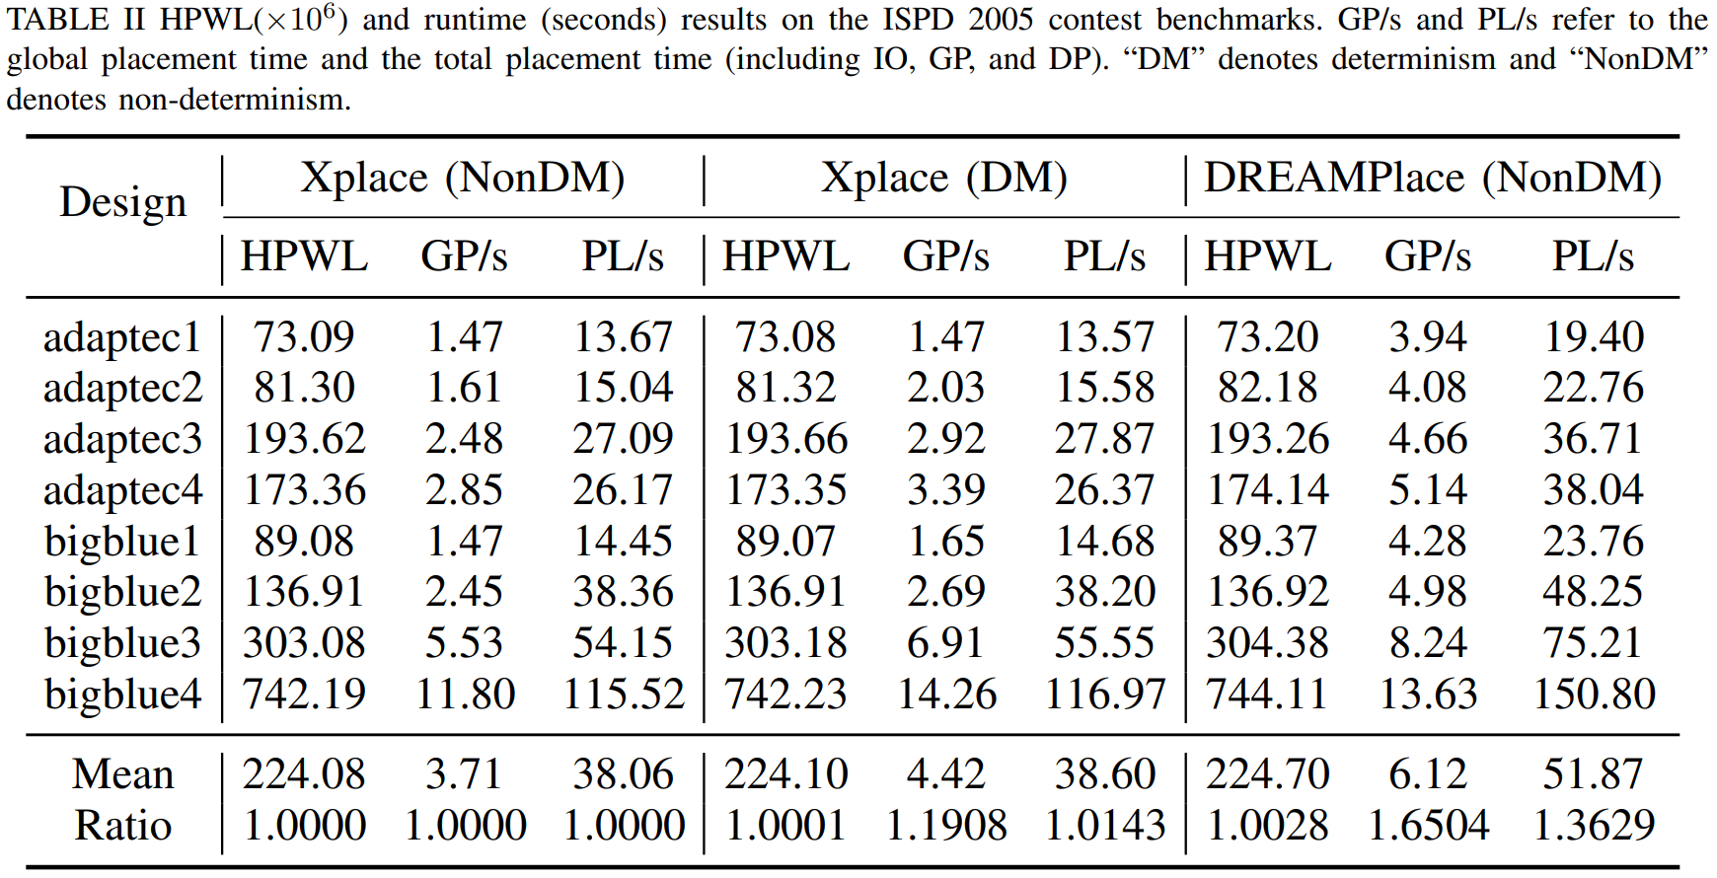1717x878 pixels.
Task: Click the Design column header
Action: tap(123, 203)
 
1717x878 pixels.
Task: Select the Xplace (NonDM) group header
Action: tap(463, 179)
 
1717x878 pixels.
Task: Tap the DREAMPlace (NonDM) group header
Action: tap(1433, 179)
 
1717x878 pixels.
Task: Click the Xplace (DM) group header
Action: tap(944, 179)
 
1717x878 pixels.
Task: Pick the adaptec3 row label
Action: tap(123, 440)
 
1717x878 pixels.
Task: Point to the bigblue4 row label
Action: tap(123, 695)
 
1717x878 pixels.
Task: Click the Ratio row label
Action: tap(123, 825)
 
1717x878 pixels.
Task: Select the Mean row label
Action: tap(123, 774)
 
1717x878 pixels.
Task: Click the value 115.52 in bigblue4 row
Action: tap(624, 695)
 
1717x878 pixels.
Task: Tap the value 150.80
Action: tap(1594, 695)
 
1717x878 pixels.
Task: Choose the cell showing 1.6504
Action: tap(1428, 825)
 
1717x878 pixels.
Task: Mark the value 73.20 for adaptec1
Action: tap(1268, 337)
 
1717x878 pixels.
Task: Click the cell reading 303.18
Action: tap(785, 643)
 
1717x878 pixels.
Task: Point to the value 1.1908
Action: tap(946, 825)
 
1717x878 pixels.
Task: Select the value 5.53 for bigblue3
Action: tap(464, 643)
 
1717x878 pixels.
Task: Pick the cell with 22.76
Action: tap(1594, 388)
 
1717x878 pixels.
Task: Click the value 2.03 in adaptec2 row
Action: tap(946, 388)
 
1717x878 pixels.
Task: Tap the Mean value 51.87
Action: tap(1594, 774)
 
